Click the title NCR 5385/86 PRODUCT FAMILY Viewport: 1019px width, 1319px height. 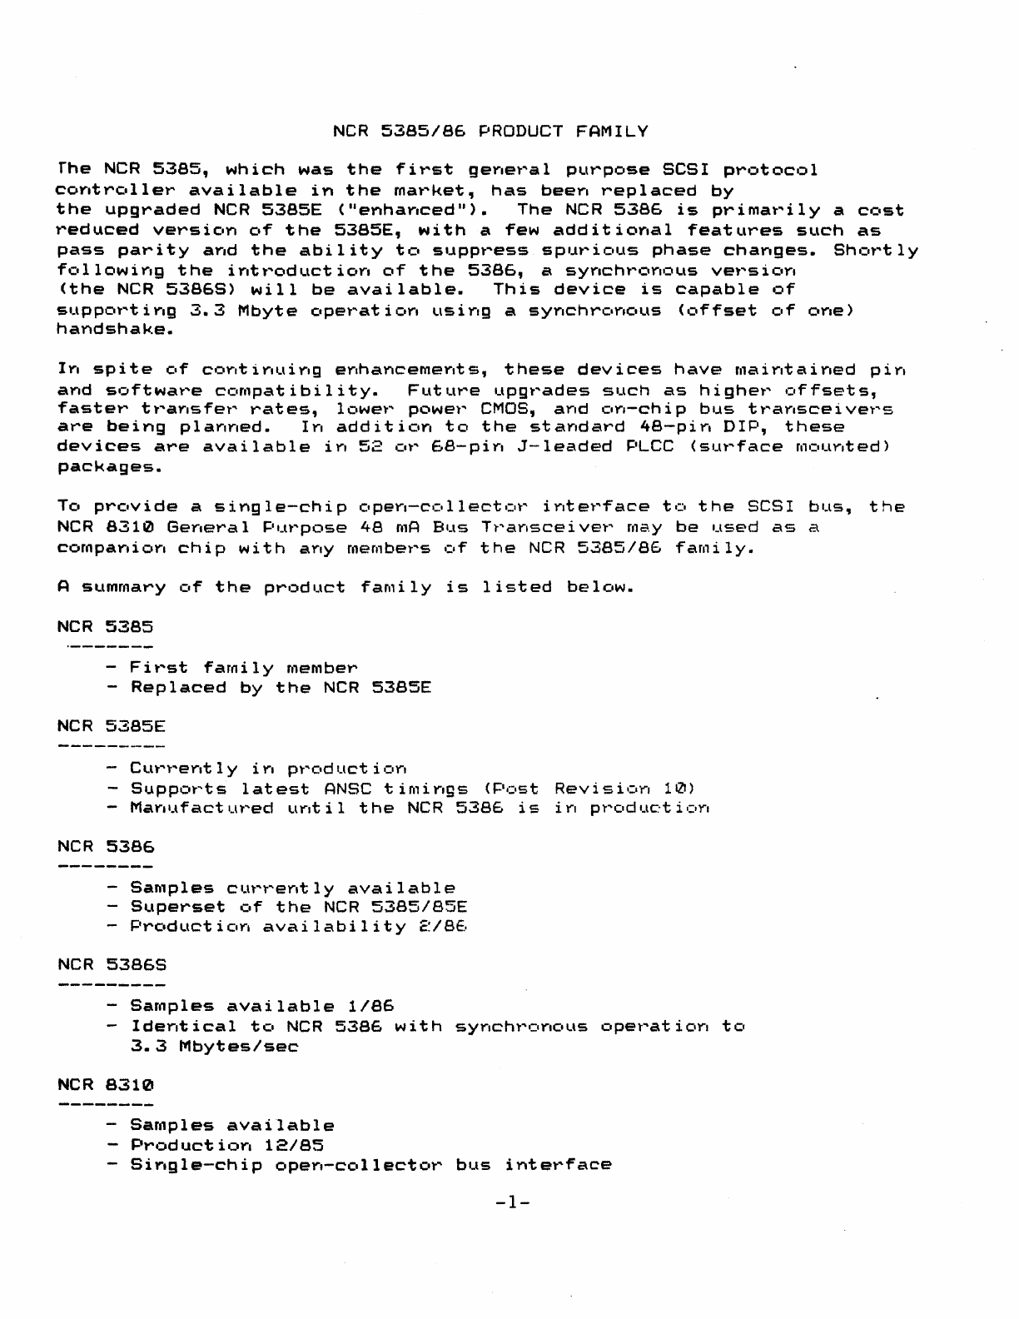[x=490, y=132]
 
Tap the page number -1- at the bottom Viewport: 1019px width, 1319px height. [x=512, y=1202]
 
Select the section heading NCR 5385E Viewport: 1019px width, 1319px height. [x=112, y=725]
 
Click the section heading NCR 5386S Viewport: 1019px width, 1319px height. [x=112, y=965]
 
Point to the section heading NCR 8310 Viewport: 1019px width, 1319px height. [x=106, y=1086]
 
